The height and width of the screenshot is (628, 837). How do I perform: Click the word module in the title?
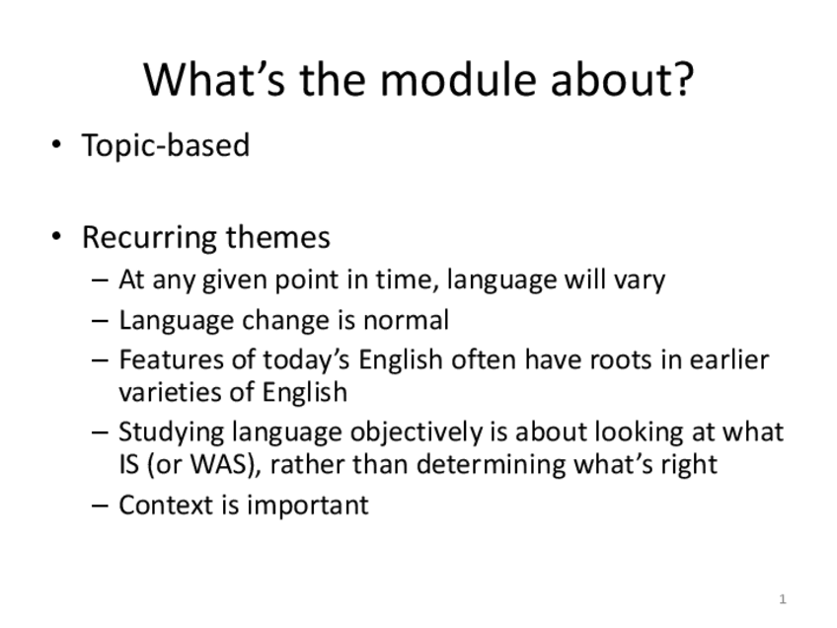[x=457, y=79]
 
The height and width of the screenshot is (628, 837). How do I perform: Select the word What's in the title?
[x=214, y=79]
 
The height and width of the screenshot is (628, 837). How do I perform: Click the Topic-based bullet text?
[x=166, y=145]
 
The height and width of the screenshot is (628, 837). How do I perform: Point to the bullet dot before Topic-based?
[x=56, y=144]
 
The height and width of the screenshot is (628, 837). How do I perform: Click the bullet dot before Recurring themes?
[x=56, y=236]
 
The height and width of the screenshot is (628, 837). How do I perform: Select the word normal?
[x=406, y=320]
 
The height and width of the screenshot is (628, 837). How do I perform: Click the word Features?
[x=171, y=359]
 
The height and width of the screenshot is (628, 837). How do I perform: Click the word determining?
[x=491, y=464]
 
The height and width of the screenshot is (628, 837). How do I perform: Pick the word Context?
[x=166, y=505]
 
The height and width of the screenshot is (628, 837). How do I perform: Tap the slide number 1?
[x=783, y=599]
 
